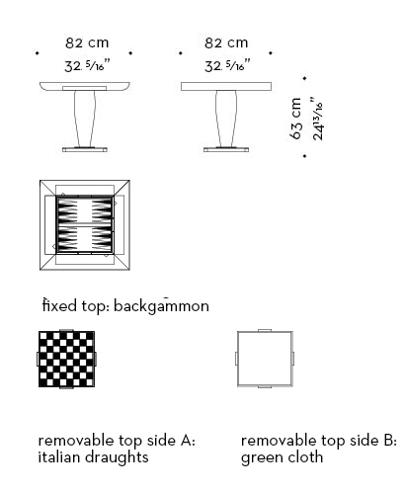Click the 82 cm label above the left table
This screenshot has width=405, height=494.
(87, 42)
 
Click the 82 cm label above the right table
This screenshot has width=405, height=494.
(226, 42)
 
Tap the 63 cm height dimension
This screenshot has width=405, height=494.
(296, 119)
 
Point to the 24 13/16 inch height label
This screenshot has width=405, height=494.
(318, 119)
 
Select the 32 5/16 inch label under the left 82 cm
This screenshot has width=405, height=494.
(87, 65)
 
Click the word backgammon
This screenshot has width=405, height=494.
(161, 306)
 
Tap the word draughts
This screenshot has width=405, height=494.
(117, 457)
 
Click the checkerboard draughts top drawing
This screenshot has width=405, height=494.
(66, 359)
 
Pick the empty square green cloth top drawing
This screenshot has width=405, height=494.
(265, 359)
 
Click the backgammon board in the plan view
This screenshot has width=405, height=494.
(85, 225)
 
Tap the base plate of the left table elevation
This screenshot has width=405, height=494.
(85, 149)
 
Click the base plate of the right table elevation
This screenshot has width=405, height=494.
(226, 149)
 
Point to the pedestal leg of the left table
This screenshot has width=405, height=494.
(85, 119)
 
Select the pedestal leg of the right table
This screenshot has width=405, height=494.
(226, 119)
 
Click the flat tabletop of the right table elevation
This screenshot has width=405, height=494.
(226, 86)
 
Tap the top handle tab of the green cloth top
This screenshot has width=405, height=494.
(265, 330)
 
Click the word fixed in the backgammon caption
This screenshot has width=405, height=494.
(59, 305)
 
